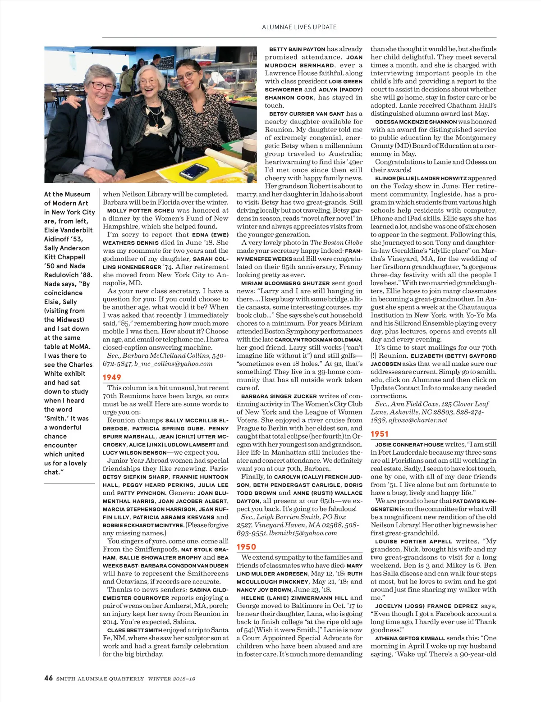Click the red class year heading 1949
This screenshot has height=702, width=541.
112,378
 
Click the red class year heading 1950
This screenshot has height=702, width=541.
246,547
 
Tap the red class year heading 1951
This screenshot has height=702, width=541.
380,434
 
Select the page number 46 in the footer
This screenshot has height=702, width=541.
49,679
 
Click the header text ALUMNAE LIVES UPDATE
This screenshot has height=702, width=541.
299,27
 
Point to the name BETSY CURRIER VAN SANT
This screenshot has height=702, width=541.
307,114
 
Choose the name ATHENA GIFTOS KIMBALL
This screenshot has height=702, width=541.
410,638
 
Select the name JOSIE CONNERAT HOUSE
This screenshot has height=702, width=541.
409,445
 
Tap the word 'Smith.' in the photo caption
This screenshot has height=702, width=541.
56,418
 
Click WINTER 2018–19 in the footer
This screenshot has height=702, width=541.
172,679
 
